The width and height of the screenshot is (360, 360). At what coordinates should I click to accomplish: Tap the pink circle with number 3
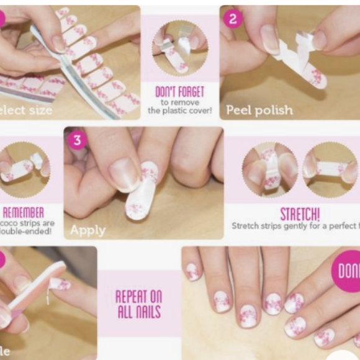point(76,140)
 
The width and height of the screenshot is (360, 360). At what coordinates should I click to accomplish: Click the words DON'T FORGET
point(180,92)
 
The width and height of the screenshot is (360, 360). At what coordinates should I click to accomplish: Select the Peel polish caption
point(259,110)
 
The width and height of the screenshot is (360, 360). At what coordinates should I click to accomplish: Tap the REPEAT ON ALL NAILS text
point(139,304)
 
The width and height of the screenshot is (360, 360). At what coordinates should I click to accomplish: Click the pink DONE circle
point(348,271)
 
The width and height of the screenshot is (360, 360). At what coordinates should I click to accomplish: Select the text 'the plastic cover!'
point(180,111)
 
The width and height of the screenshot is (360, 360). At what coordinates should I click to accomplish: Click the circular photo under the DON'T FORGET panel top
point(180,48)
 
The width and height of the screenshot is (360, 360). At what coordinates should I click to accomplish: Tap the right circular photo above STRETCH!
point(330,169)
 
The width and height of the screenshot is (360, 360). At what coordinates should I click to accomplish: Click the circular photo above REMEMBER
point(25,169)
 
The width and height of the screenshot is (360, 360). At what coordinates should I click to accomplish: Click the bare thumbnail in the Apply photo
point(124,174)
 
